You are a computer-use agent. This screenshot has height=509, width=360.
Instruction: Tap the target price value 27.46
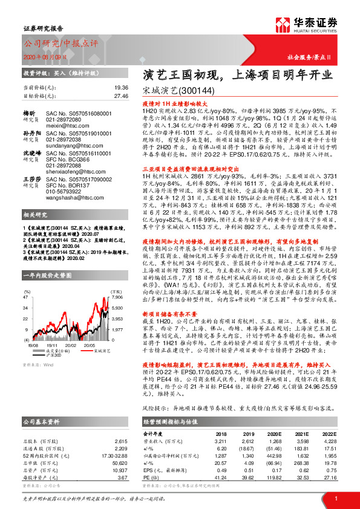(120, 96)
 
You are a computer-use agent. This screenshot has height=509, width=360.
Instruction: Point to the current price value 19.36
(120, 88)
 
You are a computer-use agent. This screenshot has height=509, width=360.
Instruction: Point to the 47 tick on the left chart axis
(25, 280)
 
